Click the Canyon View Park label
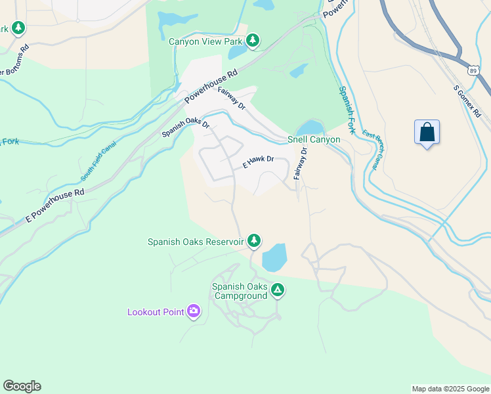pos(205,41)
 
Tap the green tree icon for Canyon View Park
pos(252,41)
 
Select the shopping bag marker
pos(427,132)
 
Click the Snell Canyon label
pos(314,140)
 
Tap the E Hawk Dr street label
pos(258,162)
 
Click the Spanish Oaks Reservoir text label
pos(196,242)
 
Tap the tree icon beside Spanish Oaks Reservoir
pos(254,242)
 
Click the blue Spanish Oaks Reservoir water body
pos(274,257)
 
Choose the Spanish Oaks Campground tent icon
pos(278,290)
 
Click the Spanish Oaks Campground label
pos(240,291)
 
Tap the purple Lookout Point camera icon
pos(194,311)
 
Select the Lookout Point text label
pos(156,312)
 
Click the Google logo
pos(22,386)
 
